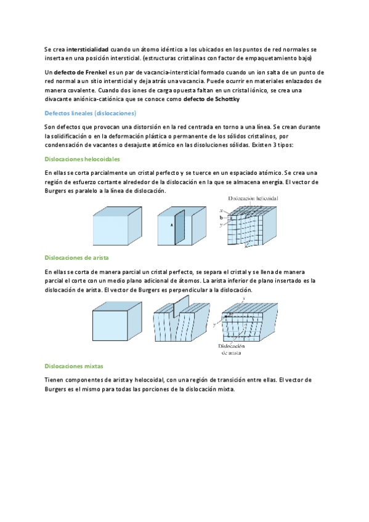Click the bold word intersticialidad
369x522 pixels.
(x=87, y=50)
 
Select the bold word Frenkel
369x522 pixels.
(x=96, y=73)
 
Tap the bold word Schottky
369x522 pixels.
(x=227, y=99)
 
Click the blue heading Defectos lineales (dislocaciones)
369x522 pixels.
(x=91, y=113)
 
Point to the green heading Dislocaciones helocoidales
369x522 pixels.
(x=83, y=159)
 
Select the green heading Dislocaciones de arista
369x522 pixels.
(x=76, y=258)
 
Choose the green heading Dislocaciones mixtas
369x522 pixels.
(x=74, y=366)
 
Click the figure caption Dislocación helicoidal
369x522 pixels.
(x=253, y=198)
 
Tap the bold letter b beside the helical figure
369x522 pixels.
(x=221, y=218)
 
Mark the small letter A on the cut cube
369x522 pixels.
(x=172, y=225)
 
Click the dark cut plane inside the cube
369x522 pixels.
(x=179, y=227)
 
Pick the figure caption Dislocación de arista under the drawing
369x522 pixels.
(x=232, y=349)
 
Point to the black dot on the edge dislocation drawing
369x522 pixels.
(x=226, y=316)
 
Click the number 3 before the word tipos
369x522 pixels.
(x=275, y=145)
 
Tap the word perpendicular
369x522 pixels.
(x=188, y=290)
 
